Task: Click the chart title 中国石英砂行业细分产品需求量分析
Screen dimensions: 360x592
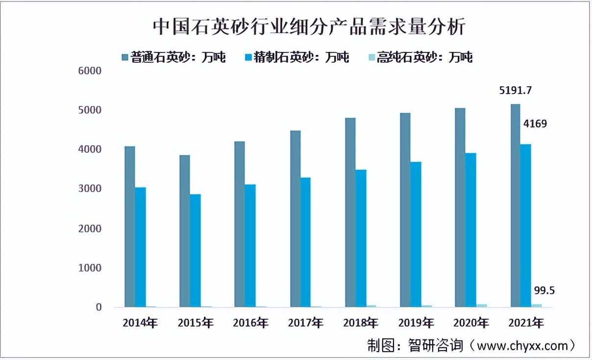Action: [309, 27]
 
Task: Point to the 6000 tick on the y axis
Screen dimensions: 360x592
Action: [89, 71]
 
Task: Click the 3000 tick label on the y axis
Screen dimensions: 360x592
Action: [89, 189]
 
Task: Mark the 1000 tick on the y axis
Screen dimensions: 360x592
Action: [89, 268]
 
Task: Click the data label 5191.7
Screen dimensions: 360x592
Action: [516, 91]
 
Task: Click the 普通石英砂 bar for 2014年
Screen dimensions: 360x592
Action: [129, 226]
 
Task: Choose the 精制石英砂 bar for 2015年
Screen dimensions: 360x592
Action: [195, 250]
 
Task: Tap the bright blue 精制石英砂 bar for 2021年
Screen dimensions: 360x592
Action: [525, 225]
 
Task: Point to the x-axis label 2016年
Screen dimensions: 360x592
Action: [250, 323]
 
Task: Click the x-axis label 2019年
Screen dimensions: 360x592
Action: [416, 323]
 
